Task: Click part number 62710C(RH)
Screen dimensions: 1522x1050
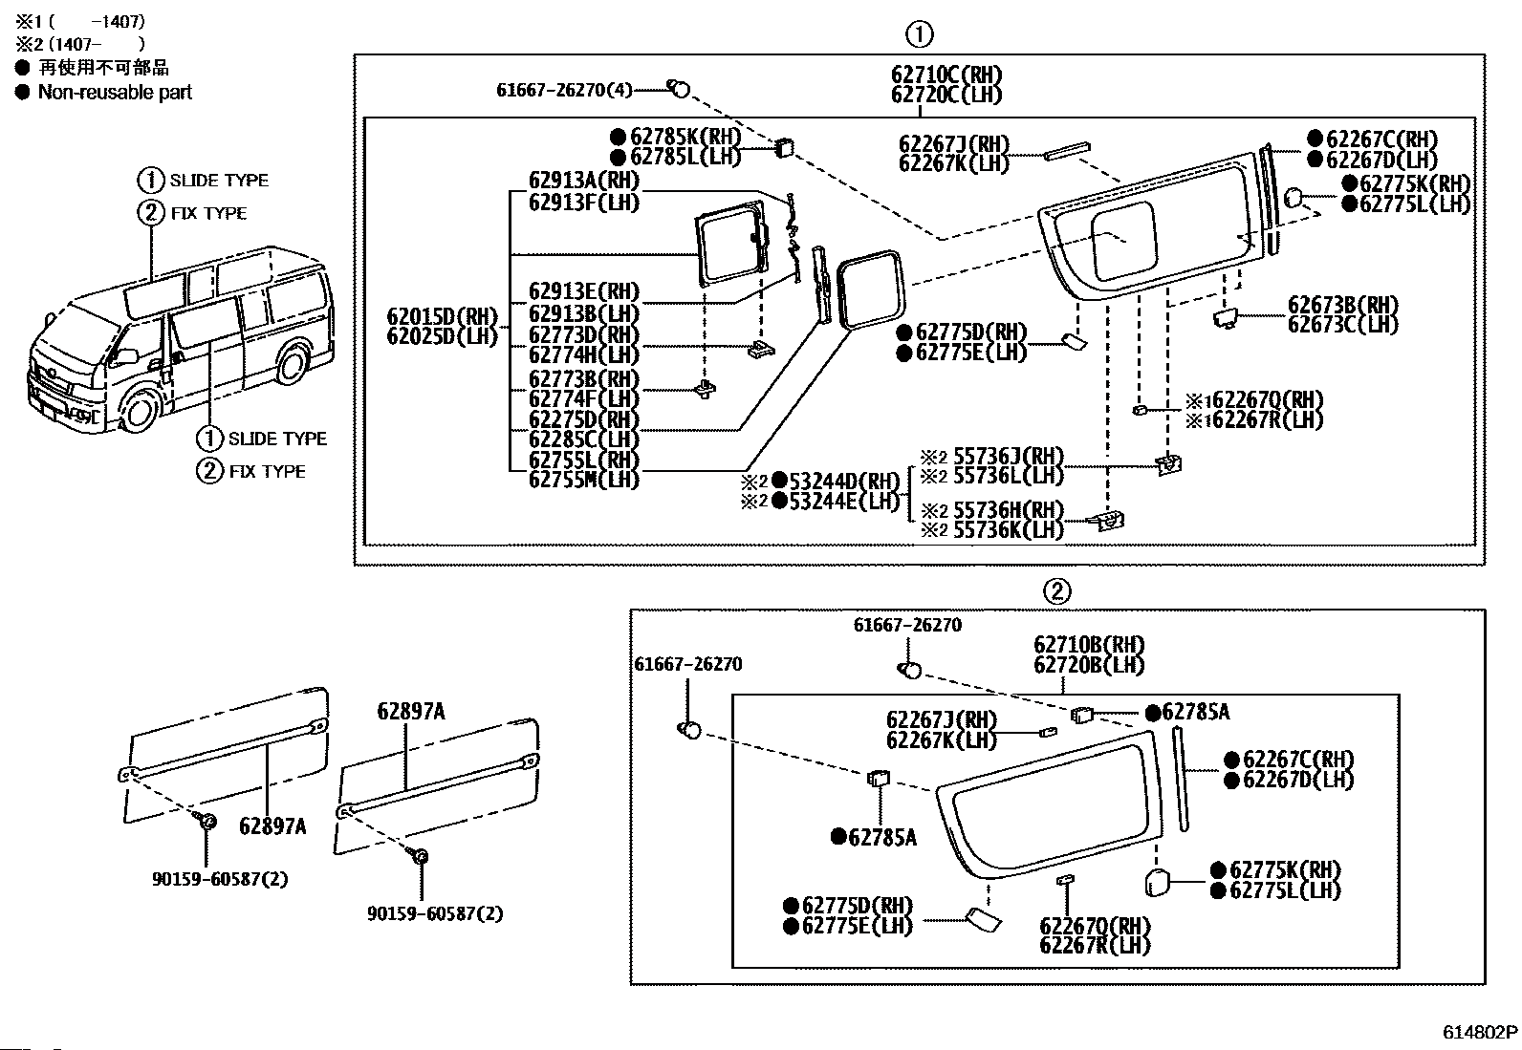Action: (x=946, y=74)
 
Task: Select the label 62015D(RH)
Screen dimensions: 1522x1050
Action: (x=443, y=316)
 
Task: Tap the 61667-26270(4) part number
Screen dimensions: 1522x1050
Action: (x=564, y=90)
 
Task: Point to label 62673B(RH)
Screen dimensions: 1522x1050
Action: (x=1343, y=305)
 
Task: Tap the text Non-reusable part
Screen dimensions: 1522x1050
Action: (x=115, y=92)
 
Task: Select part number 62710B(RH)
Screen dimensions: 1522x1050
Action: (x=1089, y=644)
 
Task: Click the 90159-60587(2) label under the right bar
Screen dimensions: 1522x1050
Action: (x=435, y=913)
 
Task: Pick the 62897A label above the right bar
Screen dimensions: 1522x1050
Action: (x=411, y=711)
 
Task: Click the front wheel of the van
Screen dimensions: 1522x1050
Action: (x=139, y=409)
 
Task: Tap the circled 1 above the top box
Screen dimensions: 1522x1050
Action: (x=920, y=34)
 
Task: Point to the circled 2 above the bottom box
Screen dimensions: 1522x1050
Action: (x=1057, y=590)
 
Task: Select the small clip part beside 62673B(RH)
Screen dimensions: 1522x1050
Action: (x=1225, y=318)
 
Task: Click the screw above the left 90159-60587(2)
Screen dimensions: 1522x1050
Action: (x=206, y=821)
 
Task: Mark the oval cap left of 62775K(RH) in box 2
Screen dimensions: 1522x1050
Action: (x=1157, y=882)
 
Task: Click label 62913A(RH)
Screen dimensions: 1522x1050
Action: (x=584, y=181)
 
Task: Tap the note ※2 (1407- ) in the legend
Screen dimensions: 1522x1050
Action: (x=80, y=45)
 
